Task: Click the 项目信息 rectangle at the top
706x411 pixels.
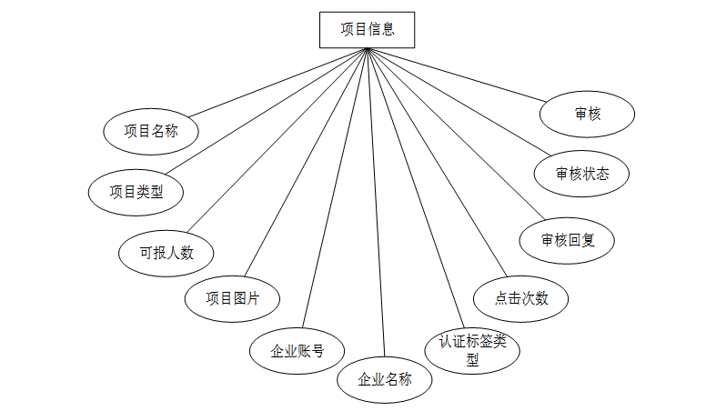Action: coord(368,29)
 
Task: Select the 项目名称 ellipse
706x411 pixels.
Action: coord(151,132)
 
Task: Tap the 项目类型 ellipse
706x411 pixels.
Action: coord(136,192)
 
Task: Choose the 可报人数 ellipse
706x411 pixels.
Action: coord(167,252)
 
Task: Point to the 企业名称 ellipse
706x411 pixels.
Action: coord(385,379)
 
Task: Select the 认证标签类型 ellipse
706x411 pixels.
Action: coord(472,350)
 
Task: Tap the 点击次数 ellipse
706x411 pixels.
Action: coord(521,297)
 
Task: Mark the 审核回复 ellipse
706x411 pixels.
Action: coord(567,241)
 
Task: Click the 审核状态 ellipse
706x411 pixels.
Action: coord(582,174)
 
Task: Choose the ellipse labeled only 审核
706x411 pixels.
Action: coord(588,115)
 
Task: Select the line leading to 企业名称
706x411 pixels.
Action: coord(376,200)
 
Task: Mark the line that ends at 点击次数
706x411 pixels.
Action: coord(435,161)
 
